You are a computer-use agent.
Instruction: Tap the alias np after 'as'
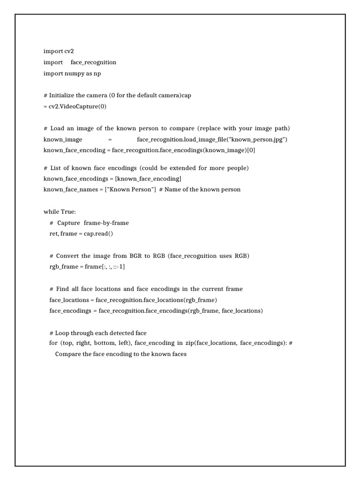coord(97,74)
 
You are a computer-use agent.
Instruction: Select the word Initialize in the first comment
coord(64,95)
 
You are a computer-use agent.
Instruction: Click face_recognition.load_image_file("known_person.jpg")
coord(212,139)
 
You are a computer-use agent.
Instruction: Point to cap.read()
coord(98,233)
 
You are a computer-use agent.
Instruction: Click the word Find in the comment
coord(62,289)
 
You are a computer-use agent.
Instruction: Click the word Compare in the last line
coord(68,354)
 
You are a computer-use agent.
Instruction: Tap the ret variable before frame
coord(53,233)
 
